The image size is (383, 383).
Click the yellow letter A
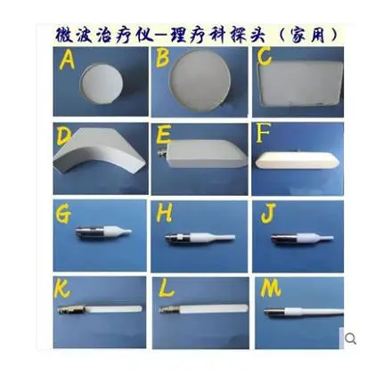pos(67,61)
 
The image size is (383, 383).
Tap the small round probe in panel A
pos(101,84)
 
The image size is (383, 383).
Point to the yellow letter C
pos(265,56)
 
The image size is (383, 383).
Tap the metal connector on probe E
pos(162,153)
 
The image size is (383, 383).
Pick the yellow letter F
pos(263,133)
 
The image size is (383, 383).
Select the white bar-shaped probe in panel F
pos(297,161)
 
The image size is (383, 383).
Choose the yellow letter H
pos(164,213)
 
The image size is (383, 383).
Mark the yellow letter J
pos(268,213)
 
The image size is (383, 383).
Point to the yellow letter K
pos(62,289)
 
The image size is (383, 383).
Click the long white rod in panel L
pos(213,309)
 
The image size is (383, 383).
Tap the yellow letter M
pos(270,289)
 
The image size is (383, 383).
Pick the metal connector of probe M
pos(274,312)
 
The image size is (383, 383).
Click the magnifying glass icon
pos(351,338)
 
